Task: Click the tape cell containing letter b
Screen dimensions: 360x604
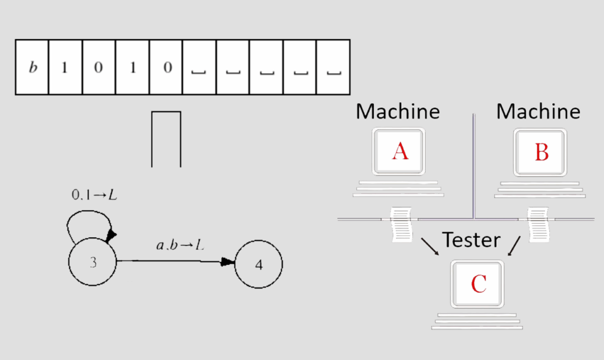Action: click(x=32, y=67)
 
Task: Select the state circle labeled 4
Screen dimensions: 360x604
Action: click(x=258, y=264)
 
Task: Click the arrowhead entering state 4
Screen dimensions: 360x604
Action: click(x=228, y=263)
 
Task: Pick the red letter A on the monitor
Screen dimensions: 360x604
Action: click(x=399, y=152)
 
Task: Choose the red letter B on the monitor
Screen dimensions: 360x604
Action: click(x=541, y=152)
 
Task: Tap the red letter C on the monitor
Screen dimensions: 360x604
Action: click(x=478, y=284)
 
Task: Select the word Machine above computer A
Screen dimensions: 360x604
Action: click(x=398, y=111)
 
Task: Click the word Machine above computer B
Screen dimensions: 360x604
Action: click(x=538, y=111)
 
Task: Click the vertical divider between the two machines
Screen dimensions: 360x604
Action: click(x=474, y=165)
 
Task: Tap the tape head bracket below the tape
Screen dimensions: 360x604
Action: click(x=166, y=139)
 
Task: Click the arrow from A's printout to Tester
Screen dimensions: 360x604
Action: click(x=429, y=247)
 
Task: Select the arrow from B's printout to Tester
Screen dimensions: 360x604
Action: click(x=514, y=247)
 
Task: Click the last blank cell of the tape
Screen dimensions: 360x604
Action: click(x=333, y=67)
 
